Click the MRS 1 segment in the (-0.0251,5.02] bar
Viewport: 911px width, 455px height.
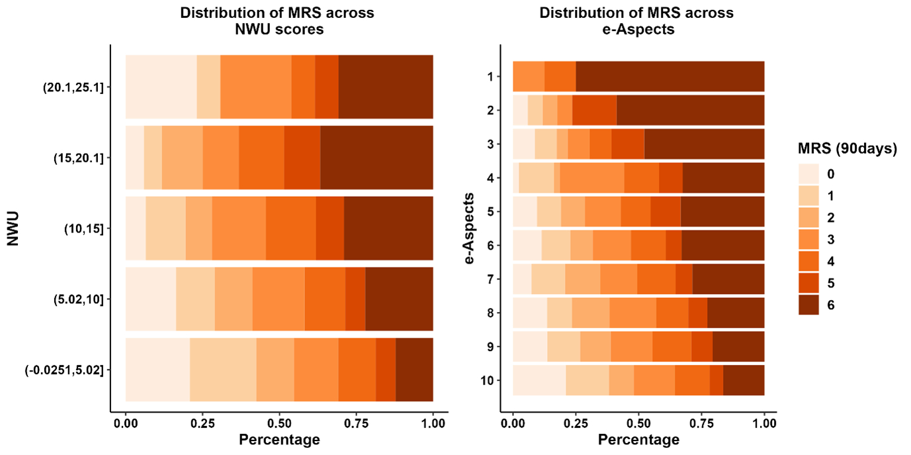(x=223, y=370)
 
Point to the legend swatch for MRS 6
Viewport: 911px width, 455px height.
(x=808, y=305)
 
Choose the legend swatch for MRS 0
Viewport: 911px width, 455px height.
(x=808, y=174)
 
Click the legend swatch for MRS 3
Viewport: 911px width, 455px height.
(x=808, y=239)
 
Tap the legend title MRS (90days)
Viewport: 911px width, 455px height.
(x=845, y=150)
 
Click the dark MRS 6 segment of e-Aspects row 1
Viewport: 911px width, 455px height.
(x=670, y=77)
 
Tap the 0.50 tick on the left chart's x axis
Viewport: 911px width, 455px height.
(x=279, y=422)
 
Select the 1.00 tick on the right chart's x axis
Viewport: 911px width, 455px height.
(x=764, y=422)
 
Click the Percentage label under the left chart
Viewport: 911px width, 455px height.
(x=279, y=440)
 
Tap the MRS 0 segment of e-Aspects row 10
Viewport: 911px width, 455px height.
(x=539, y=381)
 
